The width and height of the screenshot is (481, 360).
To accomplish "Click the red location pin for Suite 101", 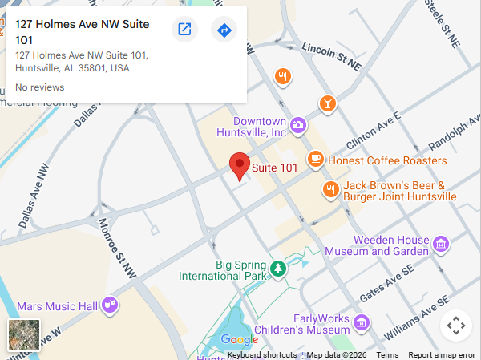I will (x=239, y=165).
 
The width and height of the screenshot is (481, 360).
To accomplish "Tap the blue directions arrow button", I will (x=224, y=30).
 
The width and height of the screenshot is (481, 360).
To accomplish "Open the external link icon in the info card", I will (x=184, y=30).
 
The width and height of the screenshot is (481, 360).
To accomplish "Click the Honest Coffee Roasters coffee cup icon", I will (x=316, y=159).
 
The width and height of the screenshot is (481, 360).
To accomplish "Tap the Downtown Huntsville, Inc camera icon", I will (x=298, y=124).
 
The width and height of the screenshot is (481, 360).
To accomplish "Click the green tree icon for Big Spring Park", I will (x=277, y=269).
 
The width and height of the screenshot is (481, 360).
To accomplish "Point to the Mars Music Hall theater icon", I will (x=111, y=305).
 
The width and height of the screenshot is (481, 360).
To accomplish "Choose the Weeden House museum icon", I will (x=439, y=244).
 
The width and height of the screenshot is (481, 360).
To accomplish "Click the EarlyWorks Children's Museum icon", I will (x=362, y=322).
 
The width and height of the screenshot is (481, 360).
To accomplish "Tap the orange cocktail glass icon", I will (x=327, y=103).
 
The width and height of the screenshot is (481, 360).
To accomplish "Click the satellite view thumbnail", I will (x=23, y=335).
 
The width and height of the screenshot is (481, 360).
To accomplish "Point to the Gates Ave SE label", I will (x=387, y=286).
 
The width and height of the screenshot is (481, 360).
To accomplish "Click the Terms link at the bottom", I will (x=387, y=355).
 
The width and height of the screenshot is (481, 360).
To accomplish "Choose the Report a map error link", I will (x=442, y=355).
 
